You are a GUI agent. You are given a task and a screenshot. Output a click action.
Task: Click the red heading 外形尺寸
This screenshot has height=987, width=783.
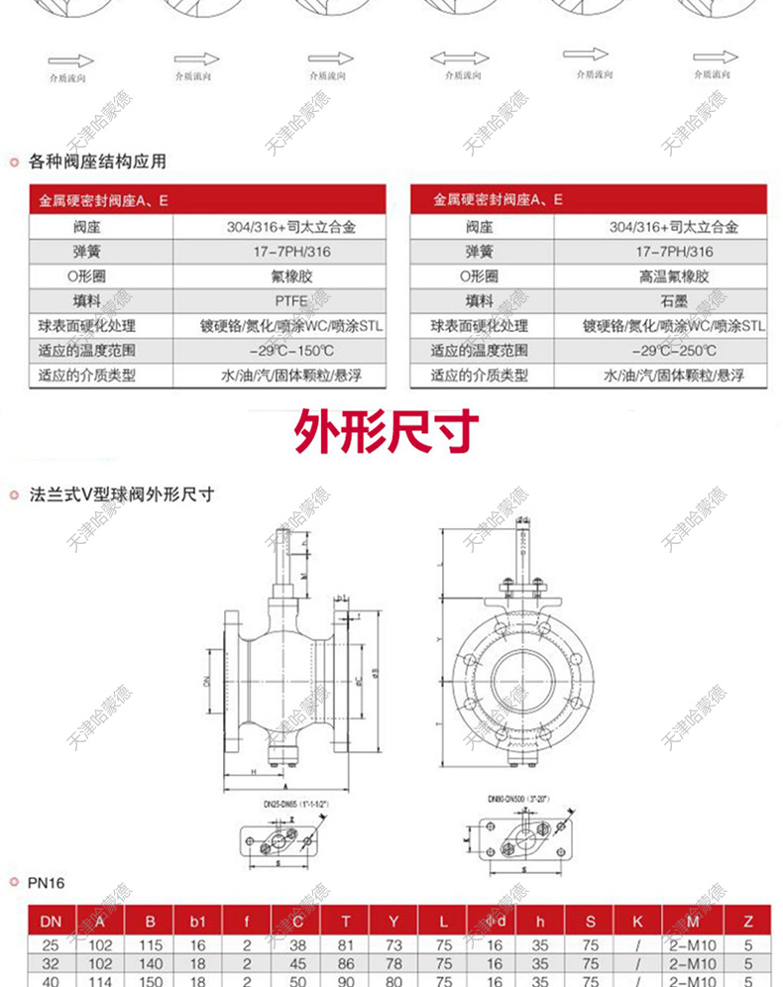pos(388,432)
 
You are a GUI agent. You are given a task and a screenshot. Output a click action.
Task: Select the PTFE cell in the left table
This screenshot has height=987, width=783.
pos(290,301)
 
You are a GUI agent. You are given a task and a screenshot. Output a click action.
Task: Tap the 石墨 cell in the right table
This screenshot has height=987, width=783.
pos(674,301)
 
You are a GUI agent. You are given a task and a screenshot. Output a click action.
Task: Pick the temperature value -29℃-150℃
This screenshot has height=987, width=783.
pos(290,351)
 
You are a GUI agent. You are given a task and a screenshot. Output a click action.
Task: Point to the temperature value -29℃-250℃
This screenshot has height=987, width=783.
pos(674,351)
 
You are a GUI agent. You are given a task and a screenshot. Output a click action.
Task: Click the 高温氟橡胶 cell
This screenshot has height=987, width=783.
pos(674,276)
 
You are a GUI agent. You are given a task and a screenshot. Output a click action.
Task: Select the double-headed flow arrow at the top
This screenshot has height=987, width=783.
pos(459,57)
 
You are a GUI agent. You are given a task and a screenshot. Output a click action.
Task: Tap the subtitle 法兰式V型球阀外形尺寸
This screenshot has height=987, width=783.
pos(122,493)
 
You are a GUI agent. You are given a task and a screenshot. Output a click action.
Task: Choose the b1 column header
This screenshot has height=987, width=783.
pos(197,922)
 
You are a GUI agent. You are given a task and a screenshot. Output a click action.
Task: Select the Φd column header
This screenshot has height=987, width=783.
pos(495,922)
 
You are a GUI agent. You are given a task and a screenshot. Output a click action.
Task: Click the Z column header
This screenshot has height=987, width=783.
pos(747,922)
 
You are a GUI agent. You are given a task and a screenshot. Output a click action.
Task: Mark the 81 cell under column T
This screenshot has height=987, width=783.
pos(346,945)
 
